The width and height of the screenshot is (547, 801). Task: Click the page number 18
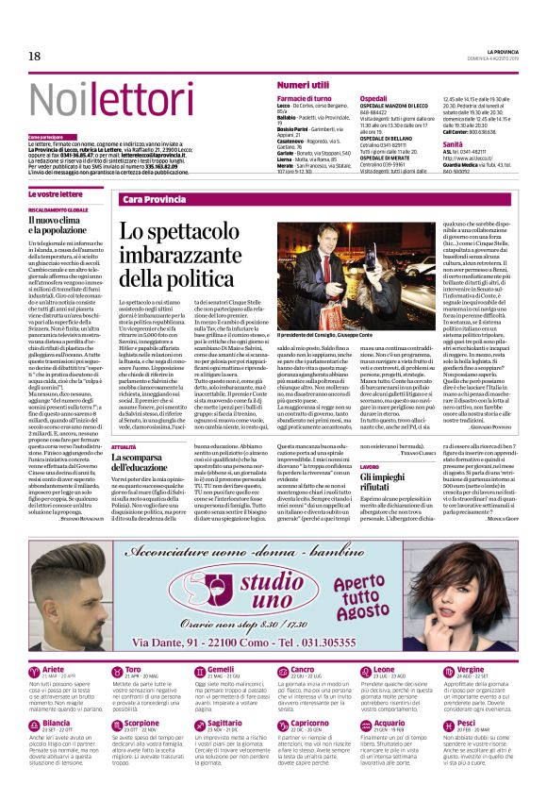point(34,57)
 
